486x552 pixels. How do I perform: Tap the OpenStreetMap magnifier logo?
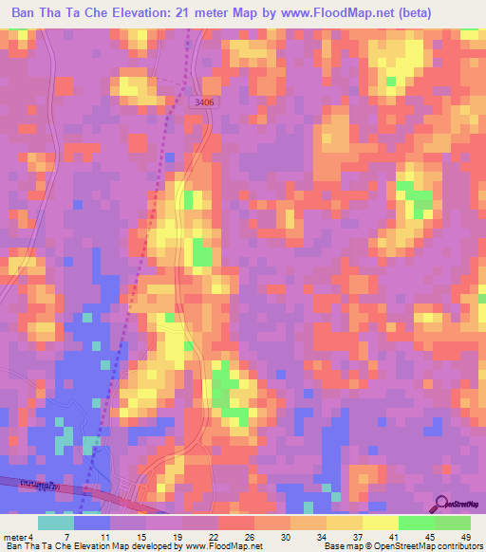pyautogui.click(x=443, y=505)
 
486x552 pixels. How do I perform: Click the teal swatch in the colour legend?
pyautogui.click(x=56, y=522)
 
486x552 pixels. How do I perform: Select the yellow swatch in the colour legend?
pyautogui.click(x=381, y=522)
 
